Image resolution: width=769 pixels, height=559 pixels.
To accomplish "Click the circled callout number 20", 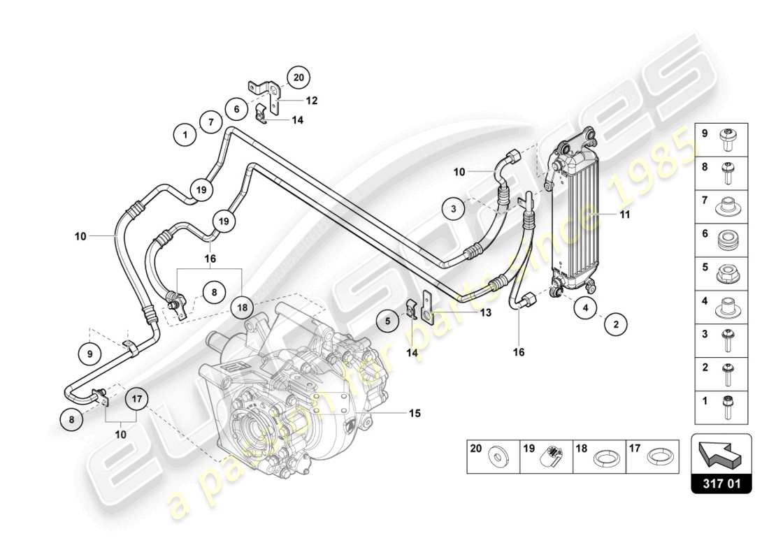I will pos(299,78).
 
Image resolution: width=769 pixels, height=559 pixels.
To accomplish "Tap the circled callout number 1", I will pos(185,134).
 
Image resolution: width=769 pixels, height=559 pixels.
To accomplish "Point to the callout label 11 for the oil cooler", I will pos(625,215).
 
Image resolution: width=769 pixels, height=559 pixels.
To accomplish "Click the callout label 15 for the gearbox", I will pos(415,413).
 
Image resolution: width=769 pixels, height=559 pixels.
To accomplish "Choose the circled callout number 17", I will pos(138,400).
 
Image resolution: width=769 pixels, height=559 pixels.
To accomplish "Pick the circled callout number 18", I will pos(243,305).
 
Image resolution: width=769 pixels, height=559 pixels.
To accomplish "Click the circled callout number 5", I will pos(387,321).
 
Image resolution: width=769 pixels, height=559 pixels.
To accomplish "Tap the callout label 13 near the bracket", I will pos(486,313).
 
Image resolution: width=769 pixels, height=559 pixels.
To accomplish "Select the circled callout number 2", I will pos(616,324).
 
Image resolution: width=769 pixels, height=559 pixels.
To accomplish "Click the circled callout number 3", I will pos(453,208).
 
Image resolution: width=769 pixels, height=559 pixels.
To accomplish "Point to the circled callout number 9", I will pos(90,354).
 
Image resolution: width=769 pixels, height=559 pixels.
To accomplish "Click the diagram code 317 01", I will pos(721,483).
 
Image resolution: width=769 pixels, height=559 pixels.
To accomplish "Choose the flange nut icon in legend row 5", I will pos(728,273).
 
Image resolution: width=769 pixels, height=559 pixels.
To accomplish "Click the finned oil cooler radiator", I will pos(576,214).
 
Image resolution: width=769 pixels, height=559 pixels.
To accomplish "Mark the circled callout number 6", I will pos(237,110).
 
